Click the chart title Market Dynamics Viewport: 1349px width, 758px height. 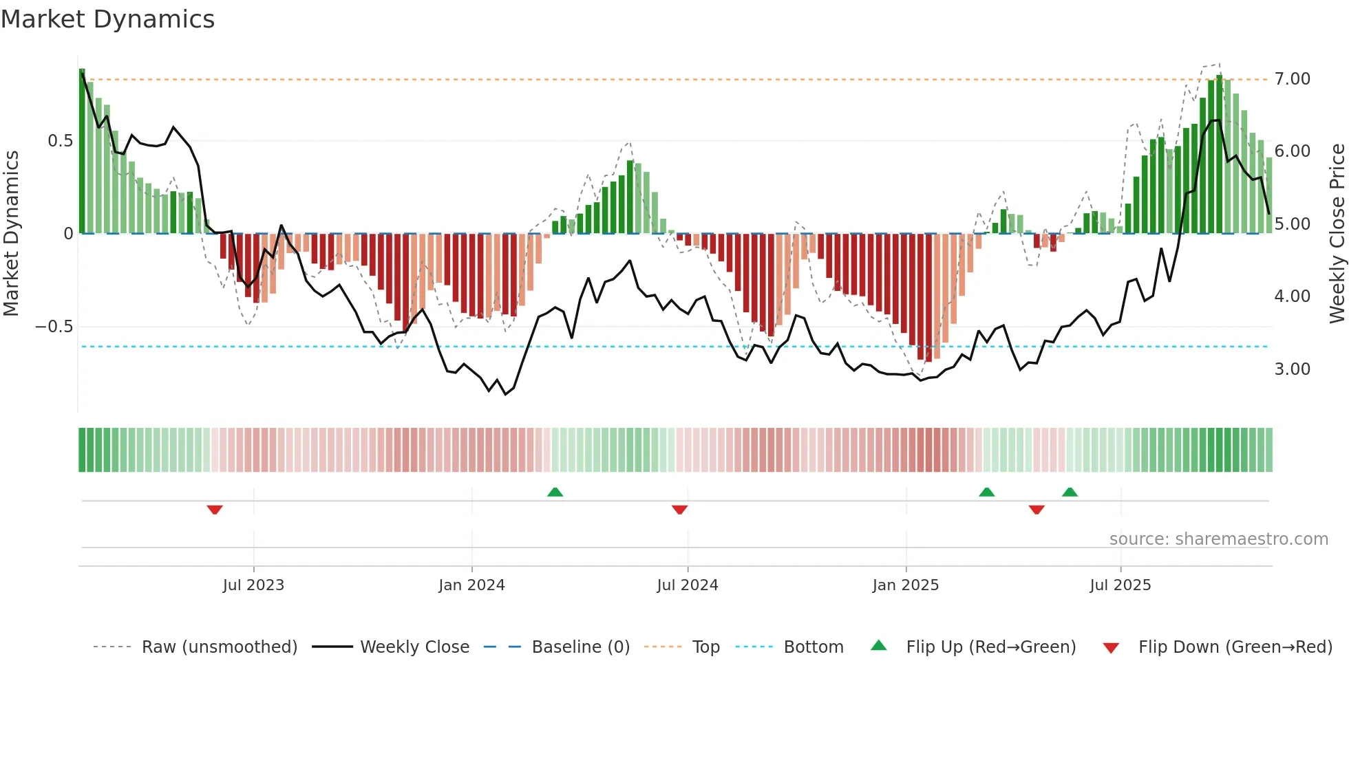click(107, 19)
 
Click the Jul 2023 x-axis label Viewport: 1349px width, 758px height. click(253, 585)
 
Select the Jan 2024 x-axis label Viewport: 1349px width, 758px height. click(471, 585)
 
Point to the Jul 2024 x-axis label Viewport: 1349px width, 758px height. click(687, 585)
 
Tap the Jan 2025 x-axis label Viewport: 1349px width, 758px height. click(905, 585)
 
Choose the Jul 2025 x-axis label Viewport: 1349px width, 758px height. click(1120, 585)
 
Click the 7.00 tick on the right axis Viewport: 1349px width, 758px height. click(1292, 79)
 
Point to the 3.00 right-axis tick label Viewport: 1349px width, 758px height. click(1292, 369)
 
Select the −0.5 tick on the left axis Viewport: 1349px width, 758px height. click(54, 327)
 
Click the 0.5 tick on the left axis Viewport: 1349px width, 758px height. click(60, 141)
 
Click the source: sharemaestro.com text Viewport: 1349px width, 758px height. click(1218, 539)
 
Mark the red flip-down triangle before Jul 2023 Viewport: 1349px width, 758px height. click(215, 510)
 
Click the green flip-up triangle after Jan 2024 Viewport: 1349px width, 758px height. click(555, 492)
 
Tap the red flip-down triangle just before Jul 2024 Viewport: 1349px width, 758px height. click(679, 510)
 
